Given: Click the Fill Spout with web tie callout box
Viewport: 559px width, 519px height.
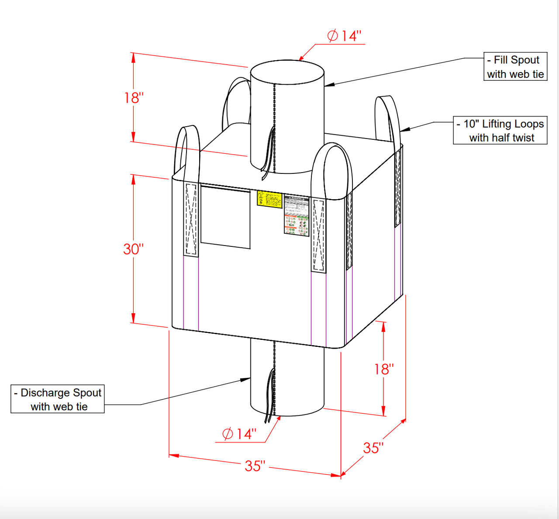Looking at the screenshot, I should click(515, 67).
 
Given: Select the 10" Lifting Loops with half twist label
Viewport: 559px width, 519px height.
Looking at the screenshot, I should click(500, 130).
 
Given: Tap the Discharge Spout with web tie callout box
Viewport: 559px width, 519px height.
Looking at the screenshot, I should click(58, 399).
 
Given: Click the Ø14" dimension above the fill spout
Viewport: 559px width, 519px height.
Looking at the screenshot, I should click(345, 36).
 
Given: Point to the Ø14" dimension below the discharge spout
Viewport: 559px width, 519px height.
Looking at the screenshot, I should click(239, 434).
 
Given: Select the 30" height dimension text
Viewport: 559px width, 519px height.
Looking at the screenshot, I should click(133, 249).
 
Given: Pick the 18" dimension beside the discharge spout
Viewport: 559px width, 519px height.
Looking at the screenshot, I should click(383, 370).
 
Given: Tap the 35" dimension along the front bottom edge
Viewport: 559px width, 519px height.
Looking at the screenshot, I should click(255, 466).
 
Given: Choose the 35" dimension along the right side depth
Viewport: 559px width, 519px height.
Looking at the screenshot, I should click(373, 448).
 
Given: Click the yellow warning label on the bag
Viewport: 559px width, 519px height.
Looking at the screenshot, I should click(269, 199).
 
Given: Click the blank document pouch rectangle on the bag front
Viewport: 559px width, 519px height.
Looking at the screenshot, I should click(225, 216).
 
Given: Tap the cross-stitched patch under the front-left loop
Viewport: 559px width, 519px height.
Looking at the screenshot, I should click(191, 220).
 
